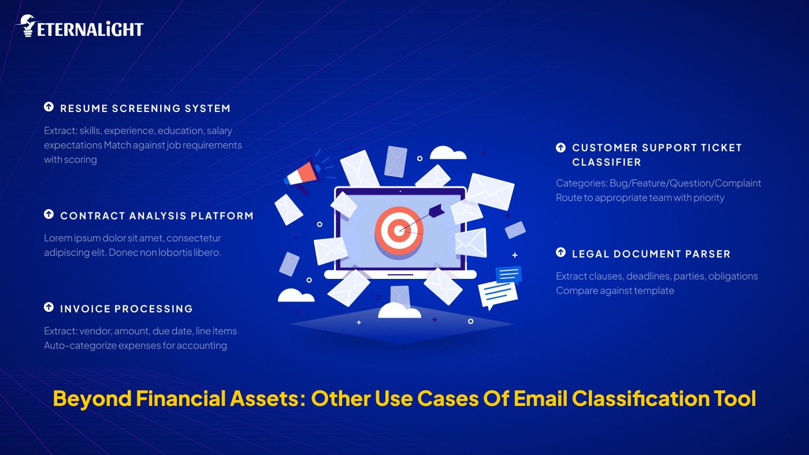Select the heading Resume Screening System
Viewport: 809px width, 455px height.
tap(145, 109)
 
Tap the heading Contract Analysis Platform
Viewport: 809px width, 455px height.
tap(157, 216)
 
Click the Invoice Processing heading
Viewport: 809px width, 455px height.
tap(126, 309)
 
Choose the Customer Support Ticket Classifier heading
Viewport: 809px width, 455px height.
tap(656, 155)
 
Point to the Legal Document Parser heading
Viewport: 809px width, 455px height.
tap(651, 254)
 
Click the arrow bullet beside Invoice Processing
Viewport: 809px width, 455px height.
tap(49, 308)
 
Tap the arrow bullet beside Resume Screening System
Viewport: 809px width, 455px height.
tap(49, 107)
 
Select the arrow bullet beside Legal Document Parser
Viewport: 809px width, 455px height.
tap(561, 253)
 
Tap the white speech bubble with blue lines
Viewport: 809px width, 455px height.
tap(497, 294)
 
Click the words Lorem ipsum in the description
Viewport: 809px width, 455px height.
tap(68, 238)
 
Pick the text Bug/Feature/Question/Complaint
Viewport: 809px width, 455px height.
tap(685, 184)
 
